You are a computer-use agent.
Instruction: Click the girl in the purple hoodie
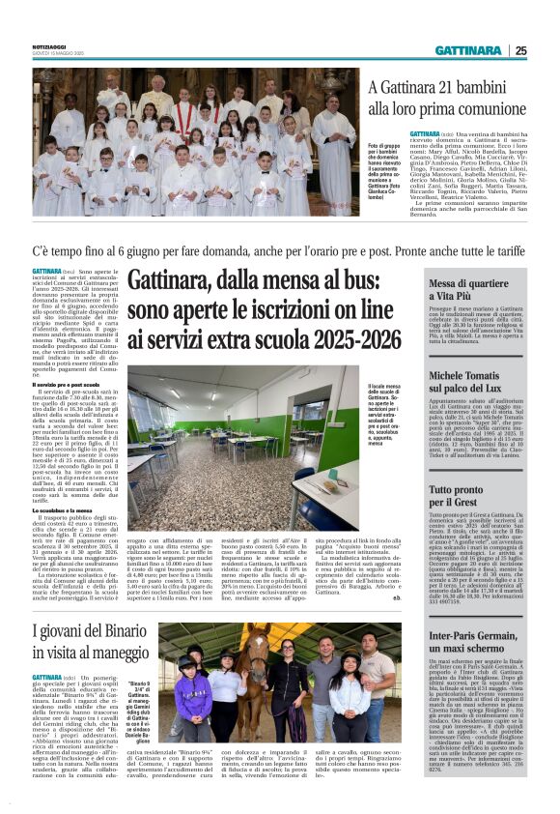pyautogui.click(x=187, y=694)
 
